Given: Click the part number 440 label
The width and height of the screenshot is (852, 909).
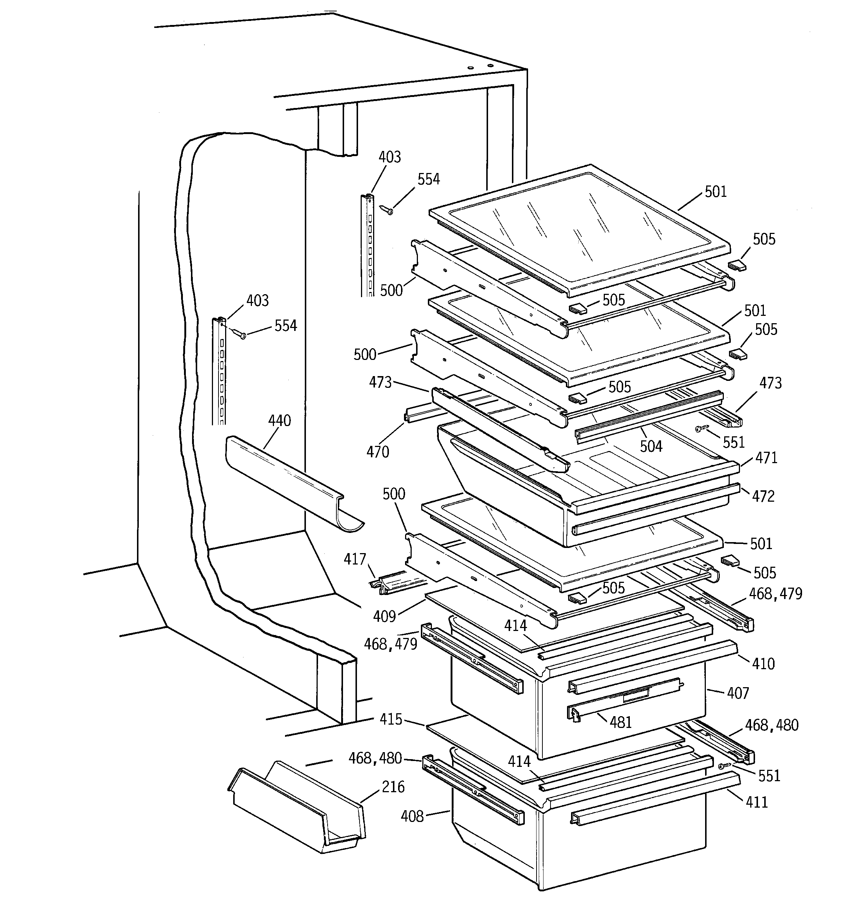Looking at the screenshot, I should pos(279,420).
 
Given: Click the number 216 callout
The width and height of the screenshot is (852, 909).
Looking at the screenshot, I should pos(393,786).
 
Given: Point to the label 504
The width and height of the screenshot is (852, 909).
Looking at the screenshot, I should pos(651,446).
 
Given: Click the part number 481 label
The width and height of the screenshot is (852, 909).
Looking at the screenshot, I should pos(621,722).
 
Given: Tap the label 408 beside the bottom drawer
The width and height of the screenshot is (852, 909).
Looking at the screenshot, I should pos(412,816).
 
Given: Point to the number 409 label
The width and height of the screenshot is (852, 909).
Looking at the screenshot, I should pos(384,616).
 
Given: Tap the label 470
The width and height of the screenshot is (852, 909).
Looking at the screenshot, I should pos(378,452).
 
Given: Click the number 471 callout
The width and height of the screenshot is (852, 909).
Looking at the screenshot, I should pos(766,458).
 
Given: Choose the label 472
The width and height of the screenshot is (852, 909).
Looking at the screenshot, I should pos(763,496).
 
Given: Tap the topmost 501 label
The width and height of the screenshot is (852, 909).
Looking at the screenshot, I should pos(716,192).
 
